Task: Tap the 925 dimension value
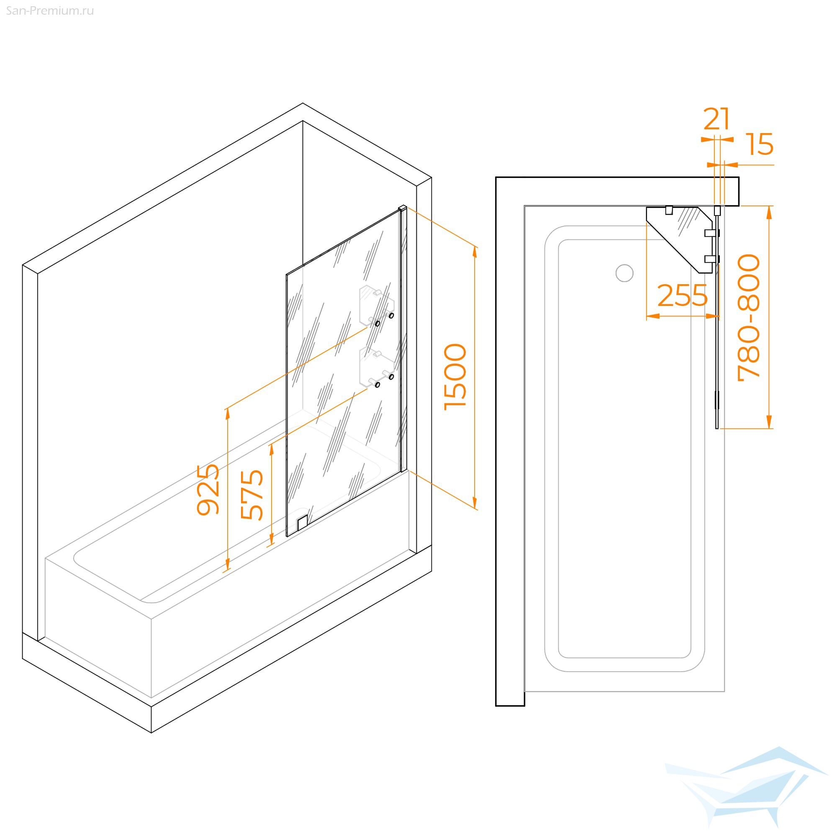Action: [x=208, y=490]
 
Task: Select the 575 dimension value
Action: [x=252, y=495]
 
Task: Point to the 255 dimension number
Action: [x=682, y=296]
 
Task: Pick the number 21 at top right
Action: [x=716, y=119]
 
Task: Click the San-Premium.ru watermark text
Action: [x=50, y=11]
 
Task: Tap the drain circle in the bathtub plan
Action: [x=624, y=273]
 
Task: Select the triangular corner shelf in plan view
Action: [x=679, y=239]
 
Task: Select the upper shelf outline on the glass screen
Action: [x=376, y=306]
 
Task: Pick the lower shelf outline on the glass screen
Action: [x=376, y=367]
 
